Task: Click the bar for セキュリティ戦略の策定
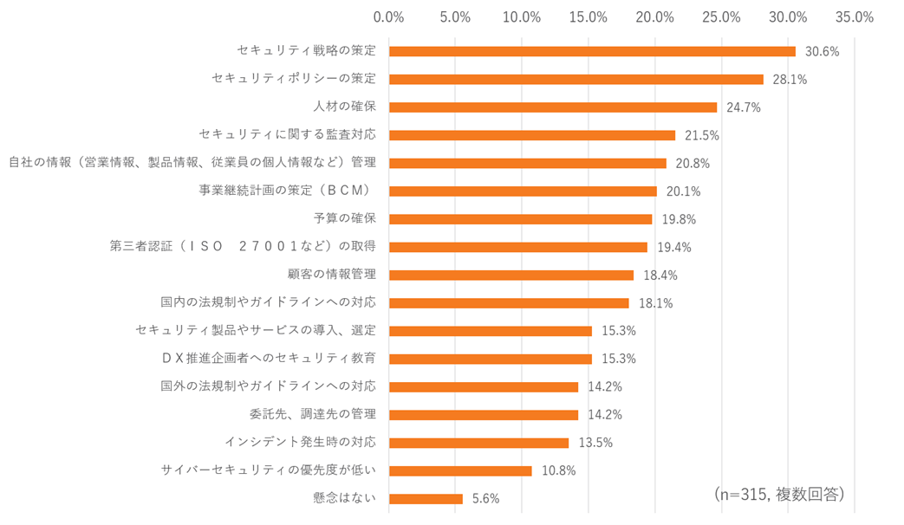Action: click(x=592, y=51)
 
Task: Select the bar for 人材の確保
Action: click(x=553, y=107)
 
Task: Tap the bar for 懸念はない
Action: click(x=426, y=498)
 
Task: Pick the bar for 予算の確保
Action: click(x=520, y=219)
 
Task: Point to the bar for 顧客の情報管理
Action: click(x=511, y=275)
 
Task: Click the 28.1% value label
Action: click(x=790, y=80)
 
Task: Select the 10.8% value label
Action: click(x=558, y=470)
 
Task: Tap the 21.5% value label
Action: click(x=702, y=135)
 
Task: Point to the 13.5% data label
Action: click(x=595, y=443)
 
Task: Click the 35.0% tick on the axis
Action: click(x=854, y=16)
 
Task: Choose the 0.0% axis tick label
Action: click(x=388, y=16)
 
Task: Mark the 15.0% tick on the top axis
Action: click(x=589, y=16)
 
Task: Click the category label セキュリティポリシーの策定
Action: click(x=294, y=79)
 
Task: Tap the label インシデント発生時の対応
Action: click(x=300, y=442)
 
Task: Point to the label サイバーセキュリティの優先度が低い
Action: click(x=269, y=470)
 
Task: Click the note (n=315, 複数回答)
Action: click(x=779, y=493)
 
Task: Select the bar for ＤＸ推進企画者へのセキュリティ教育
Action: click(x=491, y=359)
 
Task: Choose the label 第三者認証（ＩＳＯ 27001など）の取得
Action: click(x=243, y=247)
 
